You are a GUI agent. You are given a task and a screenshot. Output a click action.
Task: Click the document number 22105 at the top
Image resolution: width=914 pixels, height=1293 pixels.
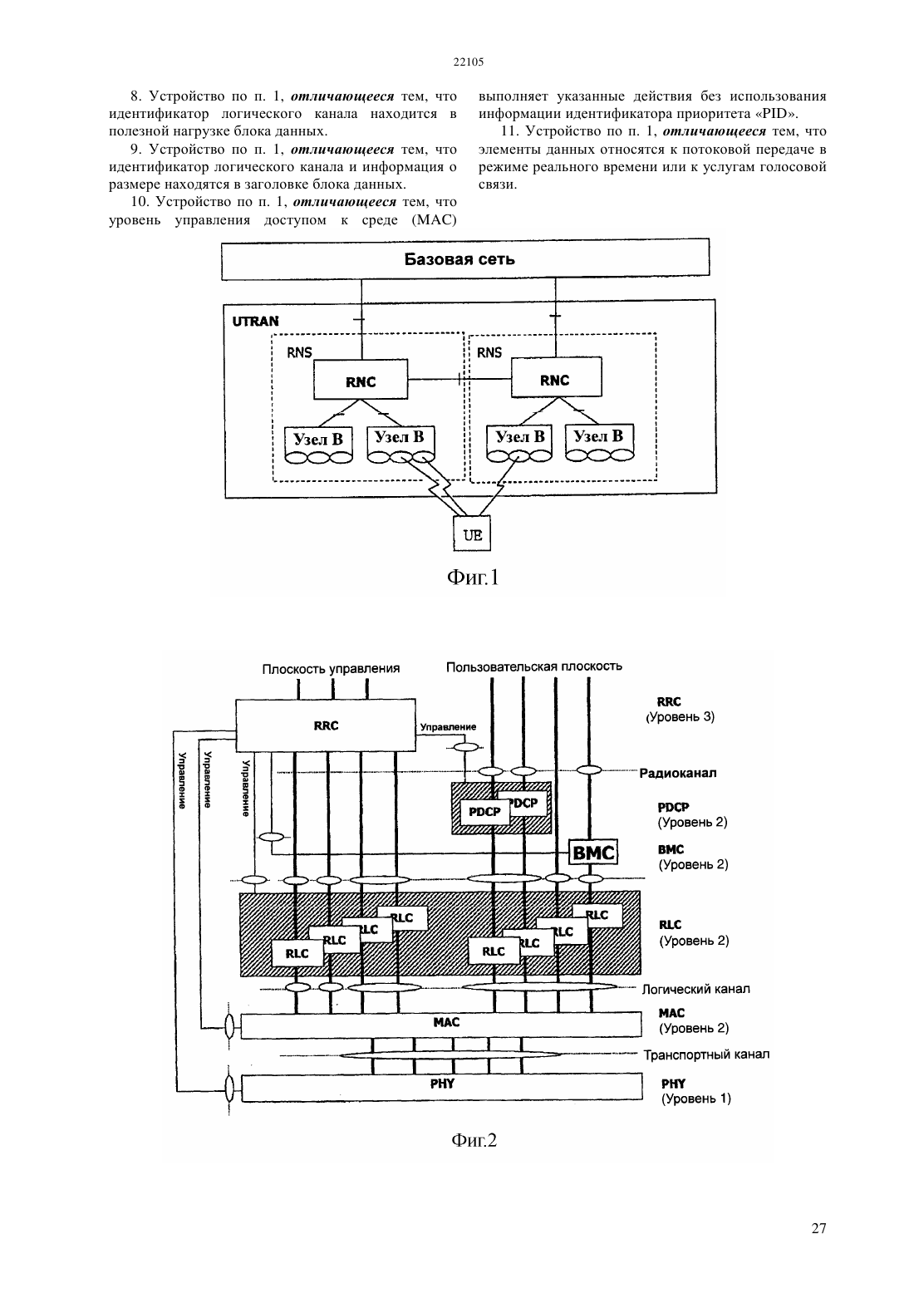[468, 62]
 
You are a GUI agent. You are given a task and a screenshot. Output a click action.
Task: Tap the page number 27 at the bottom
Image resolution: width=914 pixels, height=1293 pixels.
[818, 1229]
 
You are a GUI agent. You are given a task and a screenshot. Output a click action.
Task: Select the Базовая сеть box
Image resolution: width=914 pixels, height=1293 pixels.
[465, 260]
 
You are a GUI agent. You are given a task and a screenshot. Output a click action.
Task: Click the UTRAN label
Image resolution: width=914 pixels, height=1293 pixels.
[256, 322]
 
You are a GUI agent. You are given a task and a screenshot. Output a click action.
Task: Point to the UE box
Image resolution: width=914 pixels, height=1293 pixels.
[472, 533]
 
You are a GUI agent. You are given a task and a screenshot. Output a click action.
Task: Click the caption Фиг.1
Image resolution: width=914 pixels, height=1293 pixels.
[473, 578]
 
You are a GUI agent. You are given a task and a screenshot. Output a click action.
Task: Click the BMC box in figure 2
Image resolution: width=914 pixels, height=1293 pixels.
[593, 852]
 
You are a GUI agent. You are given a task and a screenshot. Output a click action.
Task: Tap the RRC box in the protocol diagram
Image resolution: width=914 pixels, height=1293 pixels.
[326, 725]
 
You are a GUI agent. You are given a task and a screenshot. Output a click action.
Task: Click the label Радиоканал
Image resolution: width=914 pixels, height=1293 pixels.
[678, 773]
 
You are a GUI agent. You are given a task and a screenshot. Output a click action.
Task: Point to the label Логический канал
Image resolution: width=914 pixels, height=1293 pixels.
[696, 990]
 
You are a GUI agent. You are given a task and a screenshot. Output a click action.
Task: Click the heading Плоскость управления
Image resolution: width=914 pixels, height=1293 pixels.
[331, 669]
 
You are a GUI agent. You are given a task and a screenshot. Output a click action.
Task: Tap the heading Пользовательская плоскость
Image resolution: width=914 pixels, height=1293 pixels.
[533, 666]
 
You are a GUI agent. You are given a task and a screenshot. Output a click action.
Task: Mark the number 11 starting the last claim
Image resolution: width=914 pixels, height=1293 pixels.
[510, 131]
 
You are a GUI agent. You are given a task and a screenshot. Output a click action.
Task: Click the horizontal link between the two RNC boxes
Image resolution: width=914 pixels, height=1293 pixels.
[459, 379]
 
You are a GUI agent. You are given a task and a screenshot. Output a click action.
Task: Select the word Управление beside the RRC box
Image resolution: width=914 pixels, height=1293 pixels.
[448, 727]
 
